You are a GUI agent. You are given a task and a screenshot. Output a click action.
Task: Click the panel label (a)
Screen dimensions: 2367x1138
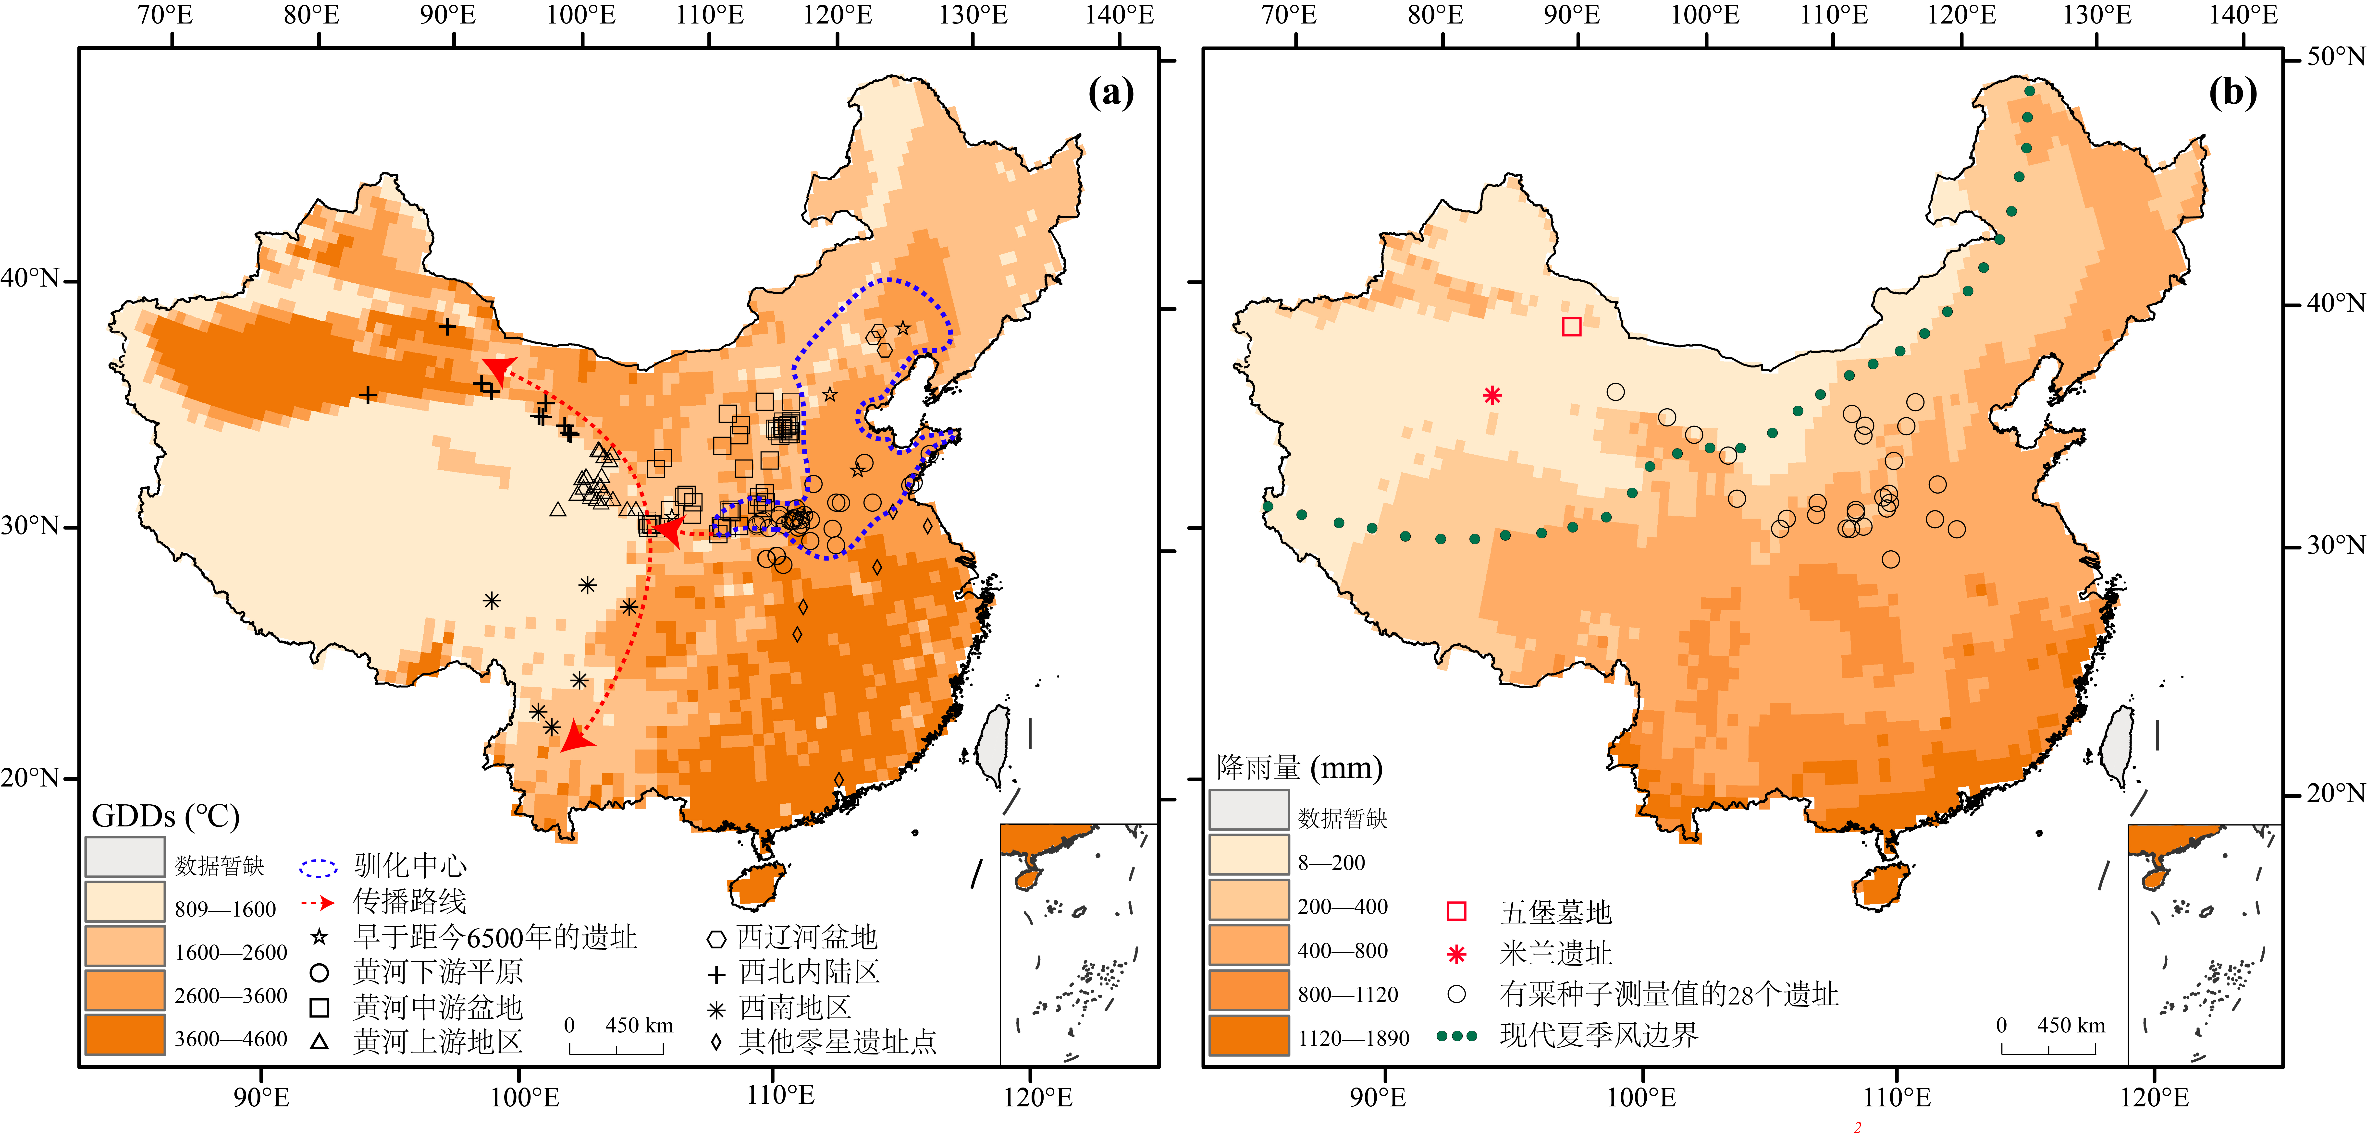tap(1110, 93)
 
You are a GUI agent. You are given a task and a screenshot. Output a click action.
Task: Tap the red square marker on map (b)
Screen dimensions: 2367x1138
tap(1571, 326)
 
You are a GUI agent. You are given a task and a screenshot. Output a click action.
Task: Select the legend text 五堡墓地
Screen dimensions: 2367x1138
tap(1556, 912)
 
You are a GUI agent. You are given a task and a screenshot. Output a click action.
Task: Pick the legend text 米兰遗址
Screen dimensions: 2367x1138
tap(1556, 953)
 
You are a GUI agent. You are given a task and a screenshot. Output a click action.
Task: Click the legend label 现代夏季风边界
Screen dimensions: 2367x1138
tap(1599, 1035)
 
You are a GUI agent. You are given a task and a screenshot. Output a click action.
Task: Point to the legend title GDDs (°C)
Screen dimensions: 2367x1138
tap(165, 816)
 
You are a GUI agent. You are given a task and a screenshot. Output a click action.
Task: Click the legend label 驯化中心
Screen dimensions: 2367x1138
tap(410, 865)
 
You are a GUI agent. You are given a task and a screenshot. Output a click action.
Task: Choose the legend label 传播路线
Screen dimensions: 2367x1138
tap(410, 901)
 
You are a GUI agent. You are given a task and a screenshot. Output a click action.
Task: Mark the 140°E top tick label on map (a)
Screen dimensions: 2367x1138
tap(1119, 15)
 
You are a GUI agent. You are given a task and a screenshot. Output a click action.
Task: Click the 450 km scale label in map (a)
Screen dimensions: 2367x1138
tap(639, 1025)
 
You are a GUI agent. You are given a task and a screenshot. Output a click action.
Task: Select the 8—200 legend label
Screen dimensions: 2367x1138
tap(1331, 862)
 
